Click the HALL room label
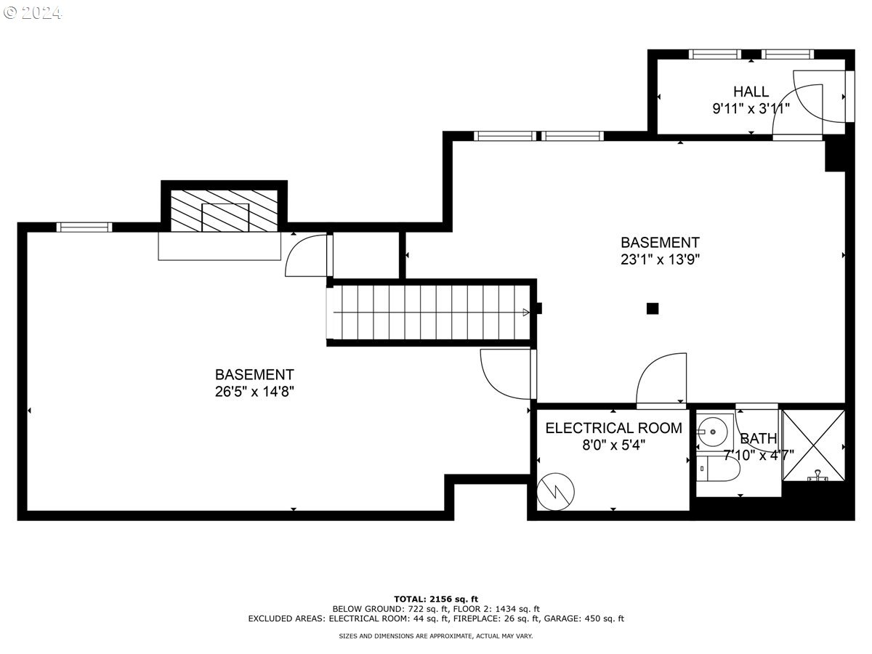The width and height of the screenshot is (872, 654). pos(751,92)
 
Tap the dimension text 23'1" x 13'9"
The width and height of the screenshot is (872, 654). pos(660,259)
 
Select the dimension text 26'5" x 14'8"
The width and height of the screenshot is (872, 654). pos(254,391)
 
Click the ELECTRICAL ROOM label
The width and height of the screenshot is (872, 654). pos(613,428)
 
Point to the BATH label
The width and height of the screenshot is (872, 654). pos(758,438)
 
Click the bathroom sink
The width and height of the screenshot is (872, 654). pos(712,433)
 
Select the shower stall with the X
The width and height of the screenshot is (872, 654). pos(813,445)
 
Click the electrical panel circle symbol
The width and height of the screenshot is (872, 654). pos(555,493)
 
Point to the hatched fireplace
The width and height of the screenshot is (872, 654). pos(224,211)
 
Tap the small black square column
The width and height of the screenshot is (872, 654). pos(653,308)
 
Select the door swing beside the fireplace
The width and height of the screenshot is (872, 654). pos(308,256)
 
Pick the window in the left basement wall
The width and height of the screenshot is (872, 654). pos(84,227)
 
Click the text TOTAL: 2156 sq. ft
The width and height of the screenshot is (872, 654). pos(436,599)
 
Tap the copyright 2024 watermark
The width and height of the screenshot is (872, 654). pos(33,12)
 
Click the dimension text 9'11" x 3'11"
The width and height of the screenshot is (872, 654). pos(751,108)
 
